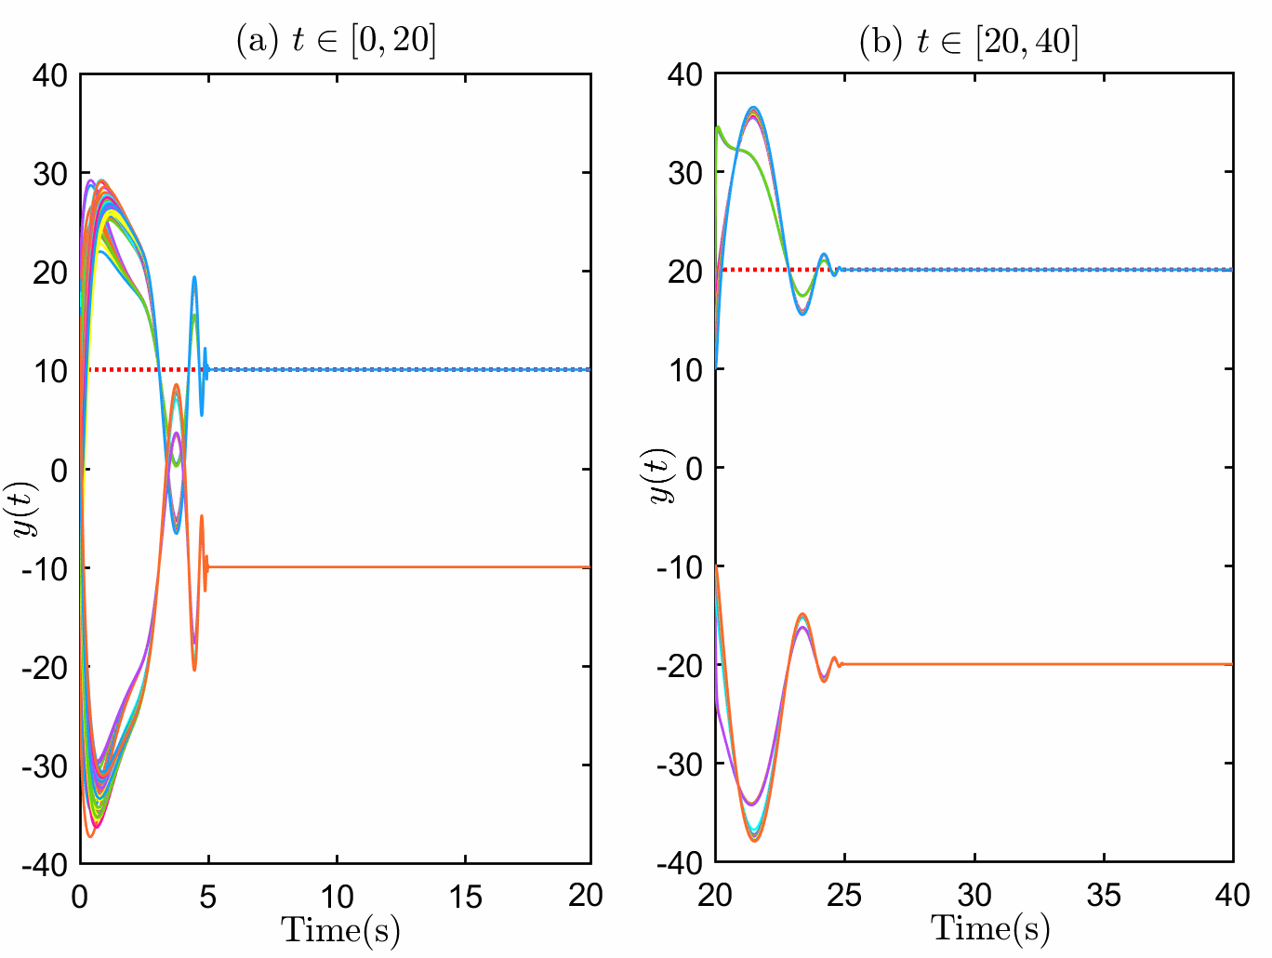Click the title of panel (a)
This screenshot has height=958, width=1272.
pyautogui.click(x=336, y=41)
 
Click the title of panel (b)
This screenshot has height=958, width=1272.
pyautogui.click(x=970, y=41)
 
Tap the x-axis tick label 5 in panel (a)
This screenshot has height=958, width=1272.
pyautogui.click(x=207, y=896)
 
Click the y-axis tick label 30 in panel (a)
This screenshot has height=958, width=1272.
pyautogui.click(x=50, y=174)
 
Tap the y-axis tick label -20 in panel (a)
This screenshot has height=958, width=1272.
pyautogui.click(x=46, y=667)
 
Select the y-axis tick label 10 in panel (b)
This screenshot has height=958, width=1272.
pyautogui.click(x=685, y=369)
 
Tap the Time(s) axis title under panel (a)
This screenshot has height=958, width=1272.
pyautogui.click(x=340, y=928)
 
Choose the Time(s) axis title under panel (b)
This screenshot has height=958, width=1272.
pyautogui.click(x=990, y=927)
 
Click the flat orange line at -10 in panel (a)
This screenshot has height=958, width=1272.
pyautogui.click(x=400, y=567)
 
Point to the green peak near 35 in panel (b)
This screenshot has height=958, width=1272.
pyautogui.click(x=718, y=127)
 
